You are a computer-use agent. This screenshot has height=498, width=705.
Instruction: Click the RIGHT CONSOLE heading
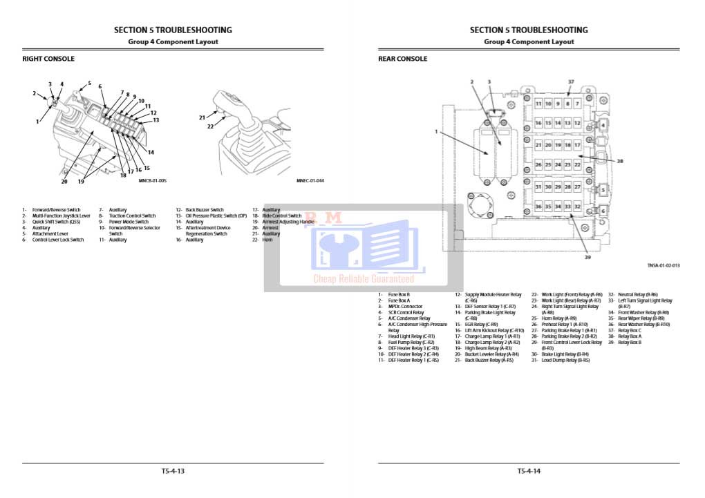(48, 59)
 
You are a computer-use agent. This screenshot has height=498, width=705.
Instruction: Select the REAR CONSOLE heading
(403, 59)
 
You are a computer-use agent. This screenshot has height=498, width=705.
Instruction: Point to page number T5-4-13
(173, 471)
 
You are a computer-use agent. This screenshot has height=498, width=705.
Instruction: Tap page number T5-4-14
(529, 471)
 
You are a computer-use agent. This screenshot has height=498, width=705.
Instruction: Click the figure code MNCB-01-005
(153, 181)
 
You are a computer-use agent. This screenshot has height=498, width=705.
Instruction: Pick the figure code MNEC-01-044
(310, 181)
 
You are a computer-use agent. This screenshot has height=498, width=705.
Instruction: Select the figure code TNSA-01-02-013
(664, 265)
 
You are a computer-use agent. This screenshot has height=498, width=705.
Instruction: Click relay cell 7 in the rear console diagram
(577, 104)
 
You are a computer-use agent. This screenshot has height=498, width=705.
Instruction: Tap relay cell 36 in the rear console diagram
(538, 207)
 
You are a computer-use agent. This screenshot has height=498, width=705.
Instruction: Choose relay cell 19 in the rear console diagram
(558, 146)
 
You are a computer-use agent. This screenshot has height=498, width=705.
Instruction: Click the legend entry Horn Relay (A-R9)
(558, 318)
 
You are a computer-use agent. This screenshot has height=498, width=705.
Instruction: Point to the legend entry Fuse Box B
(399, 295)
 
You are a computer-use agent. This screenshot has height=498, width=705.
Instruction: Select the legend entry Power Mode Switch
(129, 222)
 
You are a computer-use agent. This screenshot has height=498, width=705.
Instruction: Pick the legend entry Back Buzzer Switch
(205, 210)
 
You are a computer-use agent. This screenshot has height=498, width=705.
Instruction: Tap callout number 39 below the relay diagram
(588, 257)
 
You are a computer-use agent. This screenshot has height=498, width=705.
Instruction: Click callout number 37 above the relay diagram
(571, 82)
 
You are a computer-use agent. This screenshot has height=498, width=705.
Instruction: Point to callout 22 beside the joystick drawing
(210, 126)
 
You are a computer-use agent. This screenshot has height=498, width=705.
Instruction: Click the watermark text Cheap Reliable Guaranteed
(364, 279)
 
